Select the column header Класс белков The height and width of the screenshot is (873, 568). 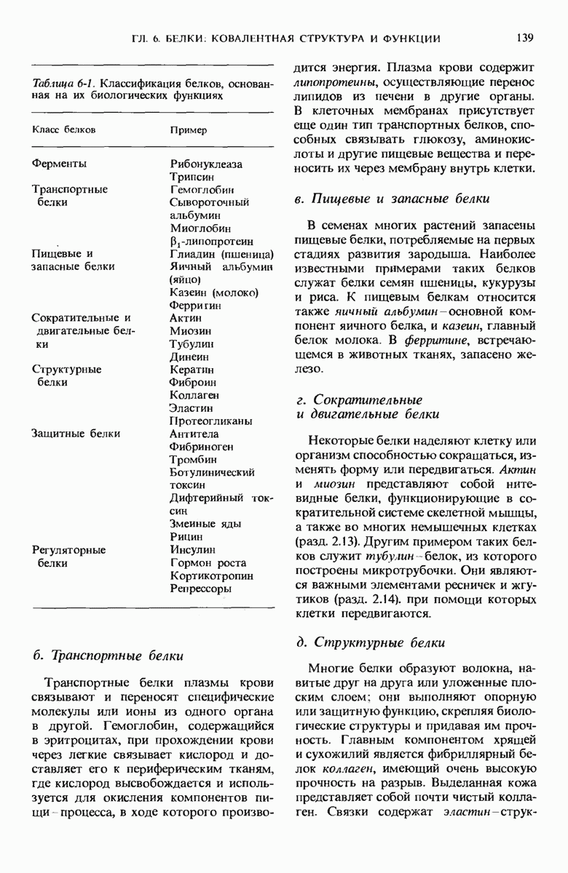[x=65, y=129]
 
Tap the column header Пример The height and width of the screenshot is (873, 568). [x=189, y=129]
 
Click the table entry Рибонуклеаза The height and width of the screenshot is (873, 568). [x=206, y=164]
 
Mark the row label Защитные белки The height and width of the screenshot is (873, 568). [x=75, y=434]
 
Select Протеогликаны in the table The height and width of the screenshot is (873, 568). [x=210, y=421]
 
